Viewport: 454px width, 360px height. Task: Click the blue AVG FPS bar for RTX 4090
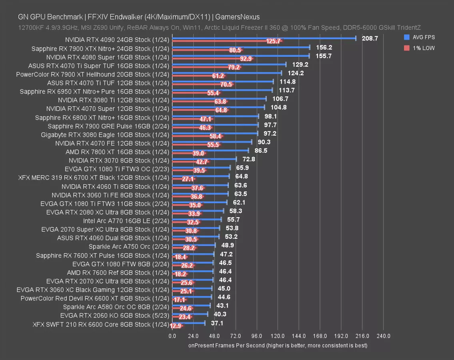point(264,38)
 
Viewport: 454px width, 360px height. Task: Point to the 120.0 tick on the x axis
point(278,336)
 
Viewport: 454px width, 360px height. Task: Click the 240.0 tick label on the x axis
point(384,336)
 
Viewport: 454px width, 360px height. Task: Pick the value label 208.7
point(370,38)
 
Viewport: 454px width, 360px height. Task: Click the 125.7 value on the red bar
point(274,42)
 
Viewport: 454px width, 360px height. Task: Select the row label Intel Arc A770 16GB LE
point(126,221)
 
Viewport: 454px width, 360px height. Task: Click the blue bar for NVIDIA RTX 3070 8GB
point(204,159)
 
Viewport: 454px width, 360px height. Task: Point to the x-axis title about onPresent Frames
point(278,345)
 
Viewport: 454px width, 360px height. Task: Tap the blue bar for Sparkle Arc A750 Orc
point(194,245)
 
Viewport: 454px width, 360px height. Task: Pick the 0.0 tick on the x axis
point(172,336)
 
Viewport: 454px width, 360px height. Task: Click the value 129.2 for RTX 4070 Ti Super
point(300,64)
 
